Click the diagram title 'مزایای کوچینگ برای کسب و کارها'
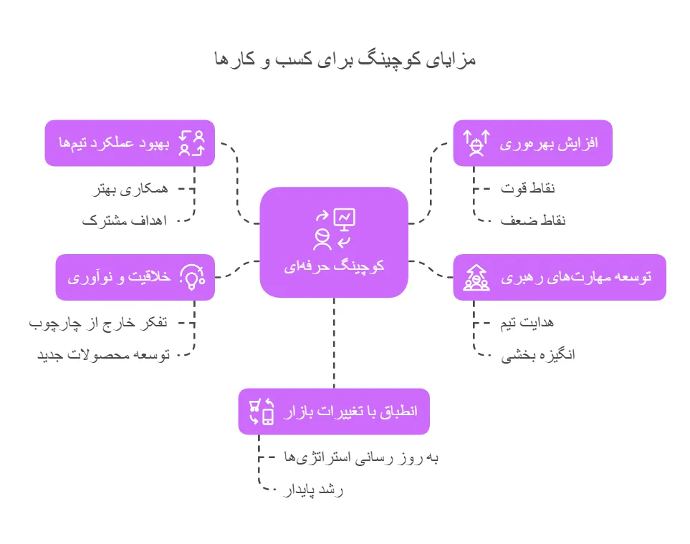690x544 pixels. coord(345,59)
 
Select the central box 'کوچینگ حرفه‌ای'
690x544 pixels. coord(334,242)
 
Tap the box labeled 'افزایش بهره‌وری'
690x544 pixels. coord(532,143)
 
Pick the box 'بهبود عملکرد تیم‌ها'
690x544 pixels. coord(130,143)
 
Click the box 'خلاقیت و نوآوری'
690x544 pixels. coord(135,277)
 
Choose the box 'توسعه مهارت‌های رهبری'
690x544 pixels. coord(560,277)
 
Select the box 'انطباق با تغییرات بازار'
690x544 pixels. coord(334,412)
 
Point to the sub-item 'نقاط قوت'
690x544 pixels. coord(528,188)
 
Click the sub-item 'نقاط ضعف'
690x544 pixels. coord(533,220)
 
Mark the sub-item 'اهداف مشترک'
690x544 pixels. coord(124,220)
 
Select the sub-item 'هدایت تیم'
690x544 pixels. coord(527,323)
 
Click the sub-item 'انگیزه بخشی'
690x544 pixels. coord(537,354)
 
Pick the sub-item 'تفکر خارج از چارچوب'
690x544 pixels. coord(98,323)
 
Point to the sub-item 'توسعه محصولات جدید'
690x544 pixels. coord(103,354)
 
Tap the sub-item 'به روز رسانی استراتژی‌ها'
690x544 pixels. coord(361,457)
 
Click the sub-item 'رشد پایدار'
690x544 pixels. coord(314,490)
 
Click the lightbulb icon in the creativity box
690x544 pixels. coord(192,278)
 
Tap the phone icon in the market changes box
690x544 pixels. coord(268,416)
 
